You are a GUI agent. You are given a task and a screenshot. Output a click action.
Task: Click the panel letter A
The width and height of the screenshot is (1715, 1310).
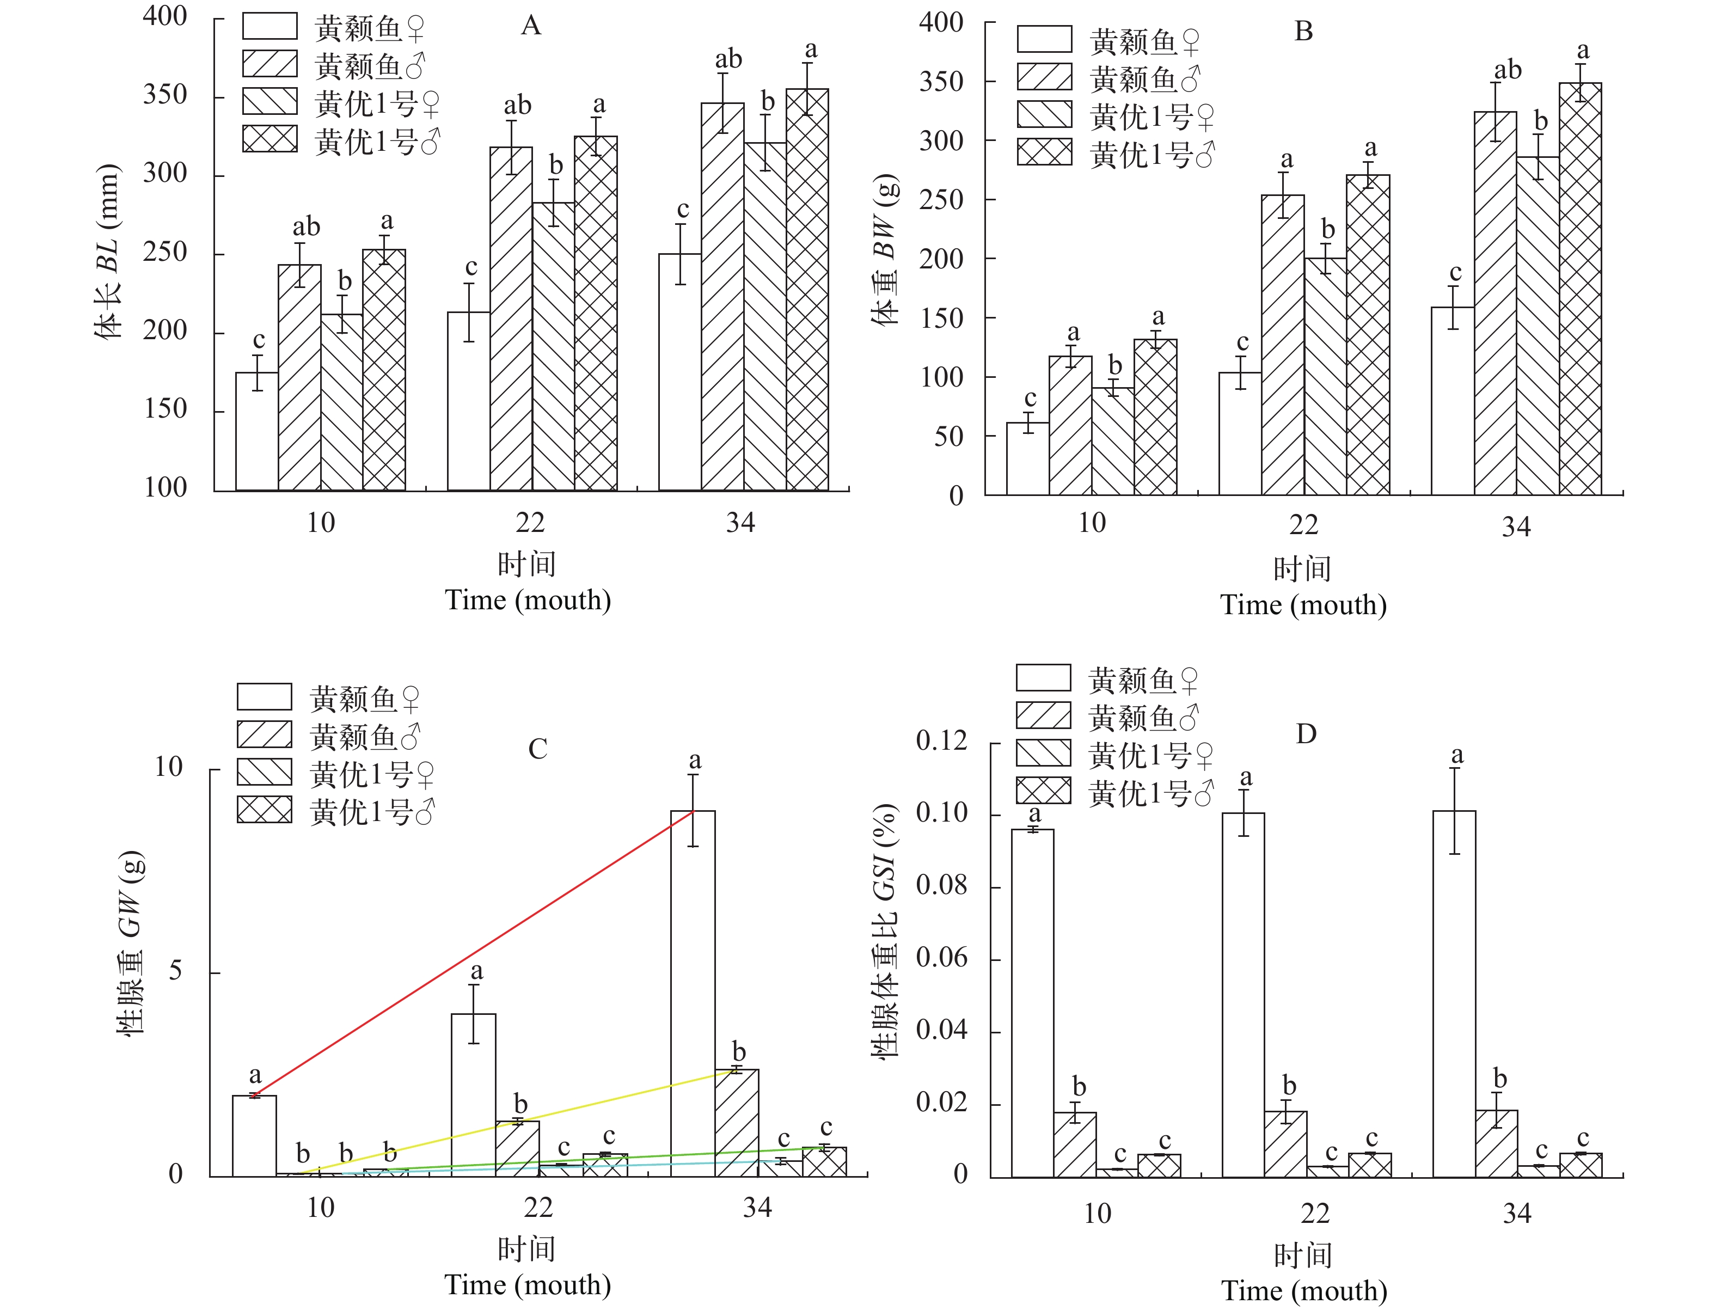point(531,26)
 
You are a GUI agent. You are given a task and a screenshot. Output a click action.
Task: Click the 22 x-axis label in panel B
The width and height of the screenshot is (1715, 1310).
point(1303,524)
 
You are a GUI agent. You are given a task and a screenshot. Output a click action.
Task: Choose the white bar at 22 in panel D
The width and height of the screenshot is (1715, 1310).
point(1244,994)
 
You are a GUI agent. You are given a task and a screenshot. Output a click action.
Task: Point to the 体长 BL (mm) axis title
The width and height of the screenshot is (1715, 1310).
point(108,253)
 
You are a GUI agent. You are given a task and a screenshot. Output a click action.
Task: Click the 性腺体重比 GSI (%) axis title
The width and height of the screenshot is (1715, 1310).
point(884,932)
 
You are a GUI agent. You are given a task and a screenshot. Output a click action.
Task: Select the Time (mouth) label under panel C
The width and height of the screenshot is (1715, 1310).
point(528,1284)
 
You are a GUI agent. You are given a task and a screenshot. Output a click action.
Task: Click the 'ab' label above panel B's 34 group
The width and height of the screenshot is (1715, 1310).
point(1508,70)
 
